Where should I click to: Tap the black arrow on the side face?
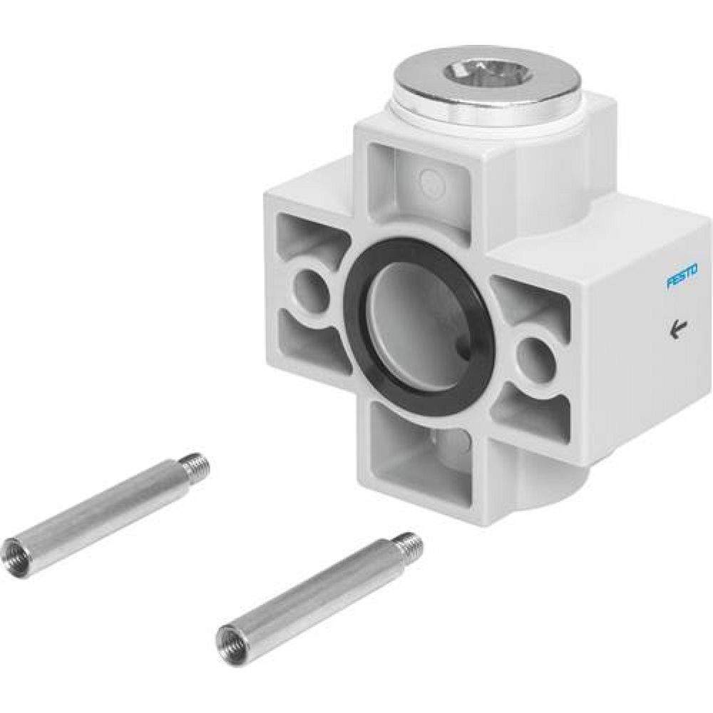(679, 327)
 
